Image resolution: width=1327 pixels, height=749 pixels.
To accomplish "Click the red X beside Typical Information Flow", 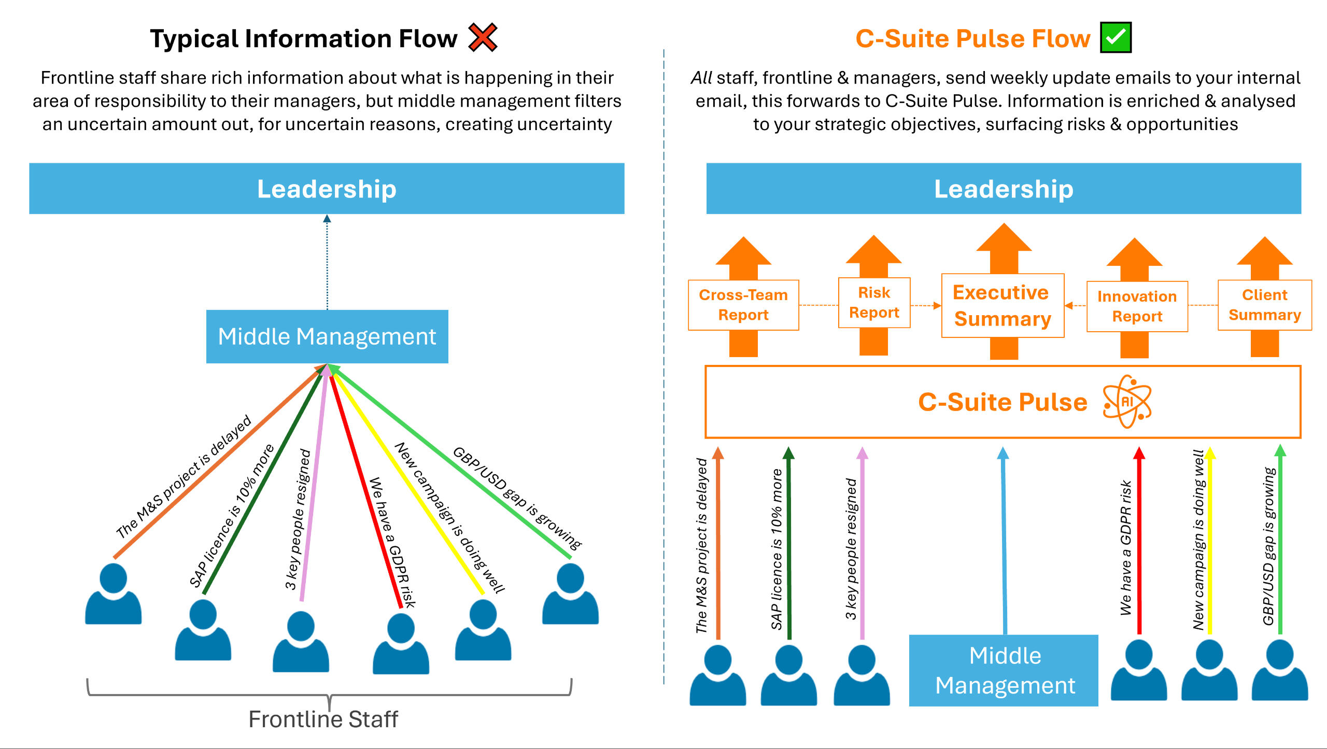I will click(483, 37).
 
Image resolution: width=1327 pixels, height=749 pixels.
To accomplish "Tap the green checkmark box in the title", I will click(1116, 37).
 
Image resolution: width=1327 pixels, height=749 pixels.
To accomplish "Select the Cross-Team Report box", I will click(743, 305).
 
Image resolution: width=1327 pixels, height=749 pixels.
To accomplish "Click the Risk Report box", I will click(874, 303).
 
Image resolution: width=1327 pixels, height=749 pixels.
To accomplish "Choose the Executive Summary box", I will click(1003, 306).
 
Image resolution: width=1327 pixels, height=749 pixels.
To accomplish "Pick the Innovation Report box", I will click(1137, 306).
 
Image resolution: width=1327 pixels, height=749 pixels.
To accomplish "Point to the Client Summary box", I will click(1264, 305).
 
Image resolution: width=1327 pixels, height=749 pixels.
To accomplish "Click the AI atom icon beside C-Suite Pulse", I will click(1127, 402).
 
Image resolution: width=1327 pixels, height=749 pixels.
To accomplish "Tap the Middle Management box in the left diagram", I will click(327, 336).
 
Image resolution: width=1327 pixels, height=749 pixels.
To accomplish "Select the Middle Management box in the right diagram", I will click(1004, 670).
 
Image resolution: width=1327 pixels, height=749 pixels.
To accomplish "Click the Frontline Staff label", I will click(323, 719).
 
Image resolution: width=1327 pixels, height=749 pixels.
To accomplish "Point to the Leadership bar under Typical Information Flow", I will click(327, 189).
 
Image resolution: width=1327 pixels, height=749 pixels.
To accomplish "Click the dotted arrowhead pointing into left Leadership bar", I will click(327, 219).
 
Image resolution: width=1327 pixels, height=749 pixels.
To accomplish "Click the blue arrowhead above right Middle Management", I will click(1003, 453).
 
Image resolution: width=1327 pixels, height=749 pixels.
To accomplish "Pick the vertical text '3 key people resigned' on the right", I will click(851, 548).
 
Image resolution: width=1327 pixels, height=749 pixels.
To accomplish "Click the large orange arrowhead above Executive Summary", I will click(1004, 238).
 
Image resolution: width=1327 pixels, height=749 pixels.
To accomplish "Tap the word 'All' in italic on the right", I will click(701, 78).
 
